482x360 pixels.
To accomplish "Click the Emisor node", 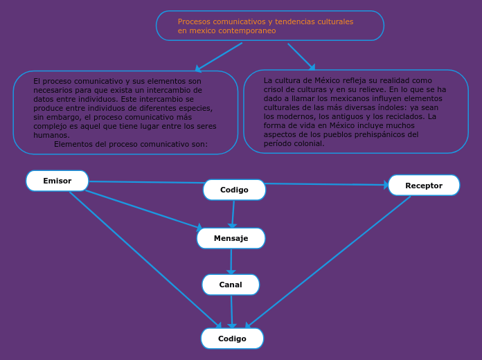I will point(57,181).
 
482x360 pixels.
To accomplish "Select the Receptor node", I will point(424,186).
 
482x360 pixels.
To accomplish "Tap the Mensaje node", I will point(231,238).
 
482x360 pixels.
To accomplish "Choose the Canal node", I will point(231,285).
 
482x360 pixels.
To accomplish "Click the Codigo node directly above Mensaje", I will point(234,190).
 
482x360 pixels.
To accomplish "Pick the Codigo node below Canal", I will point(232,339).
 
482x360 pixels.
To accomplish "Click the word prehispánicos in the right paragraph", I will point(384,134).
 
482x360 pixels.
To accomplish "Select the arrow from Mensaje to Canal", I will point(231,262).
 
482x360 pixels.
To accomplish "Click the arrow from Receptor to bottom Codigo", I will point(329,261).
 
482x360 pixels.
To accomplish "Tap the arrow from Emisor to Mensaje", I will point(142,209).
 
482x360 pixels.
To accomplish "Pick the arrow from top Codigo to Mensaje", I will point(233,214).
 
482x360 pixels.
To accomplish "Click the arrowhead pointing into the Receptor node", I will point(385,185).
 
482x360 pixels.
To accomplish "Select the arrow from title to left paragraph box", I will point(218,57).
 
